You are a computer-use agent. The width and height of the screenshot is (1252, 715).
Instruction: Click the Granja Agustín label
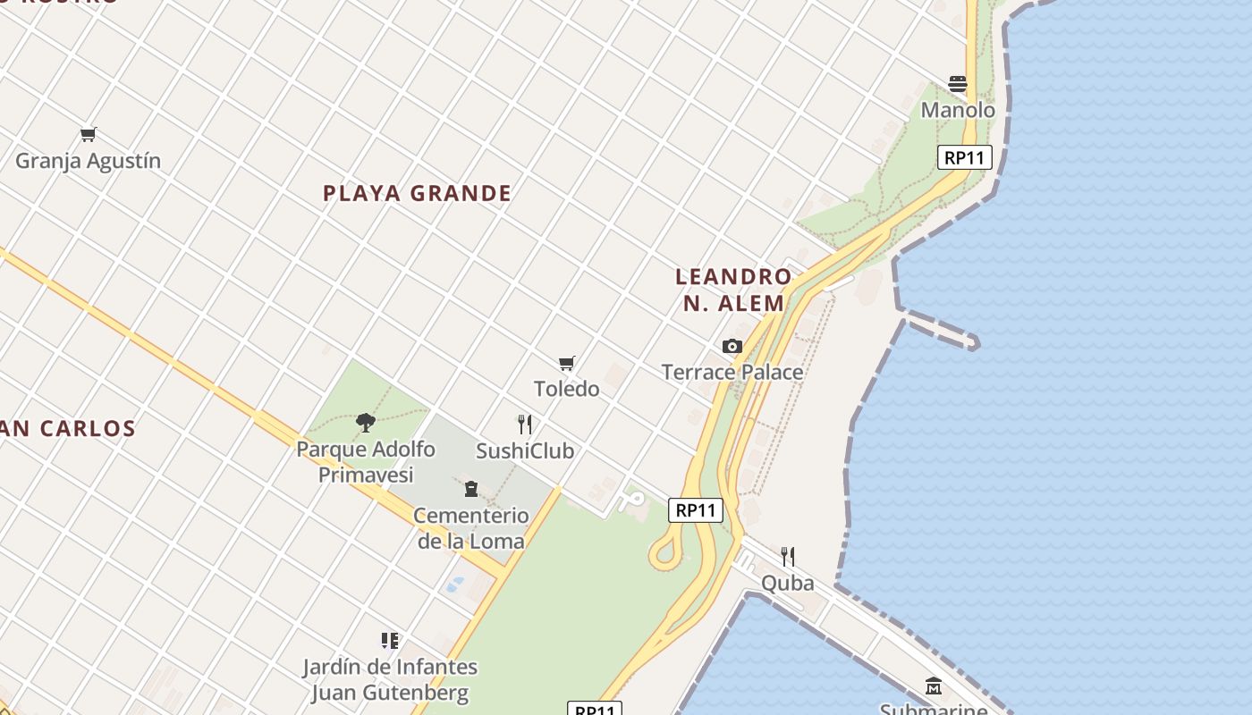(x=88, y=161)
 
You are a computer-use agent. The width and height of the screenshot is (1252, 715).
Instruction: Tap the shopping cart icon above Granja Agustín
(x=88, y=135)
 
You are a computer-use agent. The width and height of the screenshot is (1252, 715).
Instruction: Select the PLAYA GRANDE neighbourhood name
(x=417, y=193)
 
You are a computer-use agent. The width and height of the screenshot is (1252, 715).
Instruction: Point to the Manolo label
(x=958, y=110)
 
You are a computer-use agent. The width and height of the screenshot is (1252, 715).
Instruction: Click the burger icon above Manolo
(x=958, y=84)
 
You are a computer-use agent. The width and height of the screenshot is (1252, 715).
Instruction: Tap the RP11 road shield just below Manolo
(x=965, y=157)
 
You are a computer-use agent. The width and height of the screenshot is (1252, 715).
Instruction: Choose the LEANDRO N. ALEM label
(x=733, y=290)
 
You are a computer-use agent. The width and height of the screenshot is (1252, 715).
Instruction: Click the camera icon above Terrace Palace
(x=732, y=346)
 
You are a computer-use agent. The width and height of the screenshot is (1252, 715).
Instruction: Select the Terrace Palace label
(x=732, y=372)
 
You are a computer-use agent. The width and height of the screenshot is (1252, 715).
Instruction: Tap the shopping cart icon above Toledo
(x=566, y=363)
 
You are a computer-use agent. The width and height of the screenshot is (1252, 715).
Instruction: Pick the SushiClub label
(x=525, y=450)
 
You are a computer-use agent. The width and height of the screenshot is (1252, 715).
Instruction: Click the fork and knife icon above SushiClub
(x=525, y=424)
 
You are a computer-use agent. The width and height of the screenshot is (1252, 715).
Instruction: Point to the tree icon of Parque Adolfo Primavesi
(x=365, y=422)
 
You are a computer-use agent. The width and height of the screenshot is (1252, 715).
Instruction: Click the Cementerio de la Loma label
(x=471, y=528)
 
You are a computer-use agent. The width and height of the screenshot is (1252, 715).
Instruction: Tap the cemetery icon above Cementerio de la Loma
(x=471, y=488)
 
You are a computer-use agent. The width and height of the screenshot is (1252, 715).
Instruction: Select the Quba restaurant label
(x=788, y=584)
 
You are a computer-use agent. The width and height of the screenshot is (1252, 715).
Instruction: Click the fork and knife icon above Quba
(x=788, y=557)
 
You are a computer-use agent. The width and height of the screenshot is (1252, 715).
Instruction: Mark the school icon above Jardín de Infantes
(x=390, y=640)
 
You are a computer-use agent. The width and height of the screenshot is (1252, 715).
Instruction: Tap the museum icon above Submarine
(x=934, y=686)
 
